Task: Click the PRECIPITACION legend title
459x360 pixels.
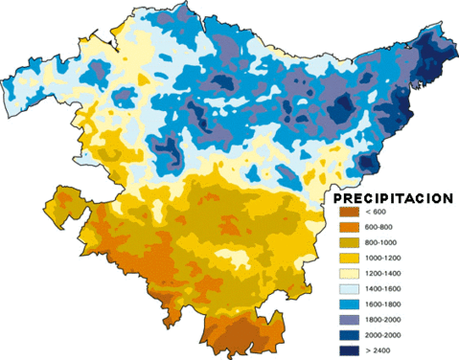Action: (393, 198)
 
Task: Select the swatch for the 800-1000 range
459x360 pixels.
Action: (347, 244)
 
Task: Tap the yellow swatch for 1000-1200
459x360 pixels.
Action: (347, 259)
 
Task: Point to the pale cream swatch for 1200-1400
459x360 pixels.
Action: (347, 275)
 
